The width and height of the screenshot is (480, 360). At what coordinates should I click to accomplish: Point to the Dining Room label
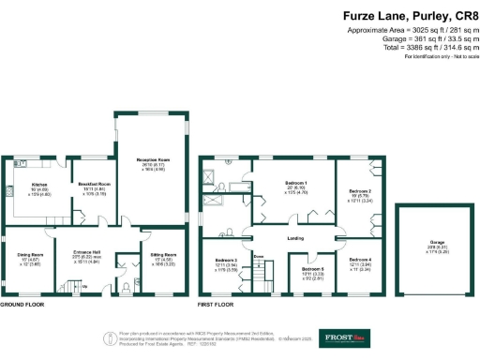31,254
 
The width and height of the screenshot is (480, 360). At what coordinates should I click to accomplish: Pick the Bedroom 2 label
362,190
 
